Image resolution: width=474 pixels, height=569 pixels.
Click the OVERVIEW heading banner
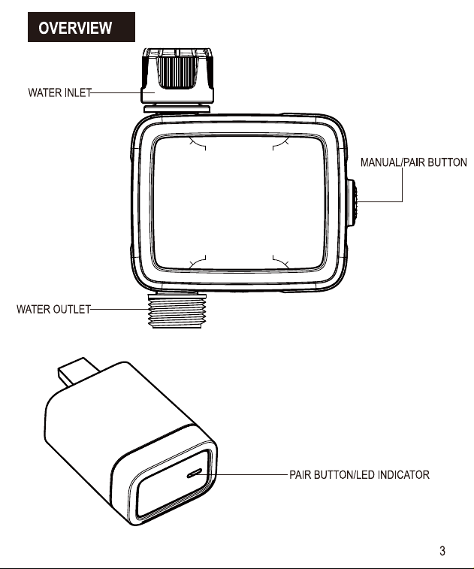pyautogui.click(x=81, y=27)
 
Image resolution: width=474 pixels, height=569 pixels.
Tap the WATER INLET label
pyautogui.click(x=59, y=93)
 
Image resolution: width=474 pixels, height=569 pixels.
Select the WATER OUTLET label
pyautogui.click(x=53, y=309)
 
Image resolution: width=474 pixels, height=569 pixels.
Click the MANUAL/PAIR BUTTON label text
pyautogui.click(x=413, y=162)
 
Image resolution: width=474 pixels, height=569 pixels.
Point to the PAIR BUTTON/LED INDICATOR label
pyautogui.click(x=359, y=474)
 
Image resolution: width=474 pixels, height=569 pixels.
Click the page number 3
pyautogui.click(x=442, y=551)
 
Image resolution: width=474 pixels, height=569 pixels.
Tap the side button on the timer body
pyautogui.click(x=352, y=203)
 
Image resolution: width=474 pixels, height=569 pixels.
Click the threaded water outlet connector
pyautogui.click(x=177, y=310)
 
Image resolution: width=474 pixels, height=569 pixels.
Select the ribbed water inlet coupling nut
pyautogui.click(x=177, y=75)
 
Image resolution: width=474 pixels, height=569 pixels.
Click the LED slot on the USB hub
pyautogui.click(x=195, y=473)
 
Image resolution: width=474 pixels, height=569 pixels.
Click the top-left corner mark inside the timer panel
pyautogui.click(x=198, y=144)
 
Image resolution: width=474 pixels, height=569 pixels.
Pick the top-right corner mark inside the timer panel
pyautogui.click(x=281, y=144)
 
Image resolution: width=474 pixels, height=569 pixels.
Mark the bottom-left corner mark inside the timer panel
pyautogui.click(x=198, y=262)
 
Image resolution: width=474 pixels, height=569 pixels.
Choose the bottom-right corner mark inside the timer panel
pyautogui.click(x=281, y=262)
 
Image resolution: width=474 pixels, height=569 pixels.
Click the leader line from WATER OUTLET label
pyautogui.click(x=119, y=310)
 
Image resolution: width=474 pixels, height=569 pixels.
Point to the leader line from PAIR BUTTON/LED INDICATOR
pyautogui.click(x=243, y=474)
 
